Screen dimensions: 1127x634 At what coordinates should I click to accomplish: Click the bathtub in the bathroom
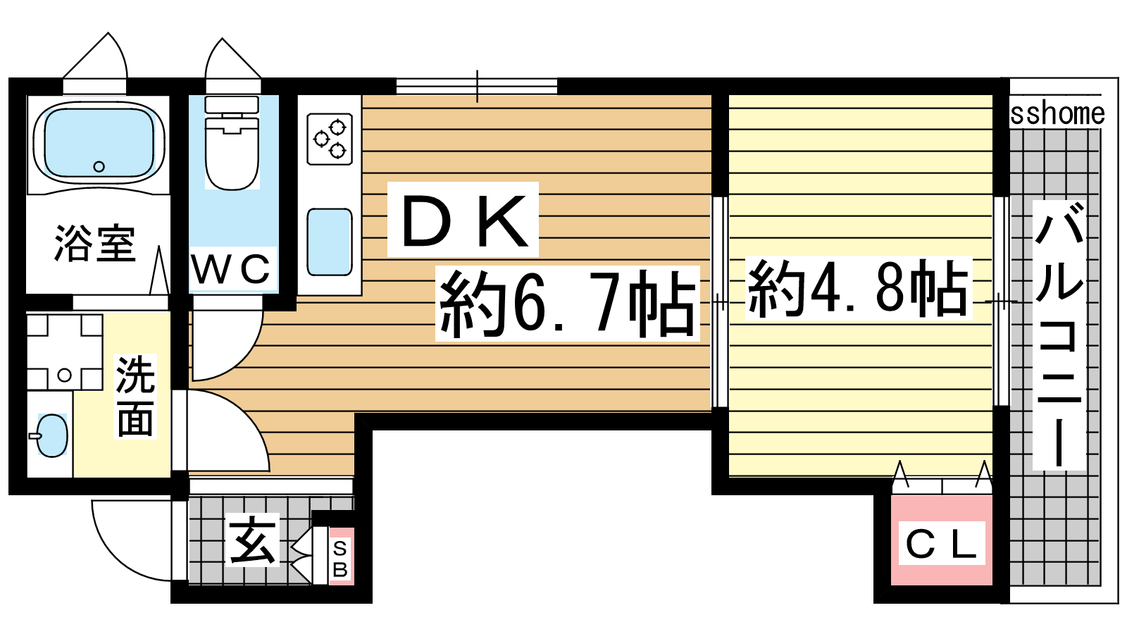coord(99,145)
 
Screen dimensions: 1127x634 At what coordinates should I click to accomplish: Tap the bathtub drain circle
coord(99,166)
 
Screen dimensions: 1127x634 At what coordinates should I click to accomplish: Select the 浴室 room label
coord(95,243)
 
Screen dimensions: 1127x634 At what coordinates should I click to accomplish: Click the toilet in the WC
coord(232,144)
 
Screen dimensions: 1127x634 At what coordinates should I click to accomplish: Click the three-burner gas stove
coord(330,139)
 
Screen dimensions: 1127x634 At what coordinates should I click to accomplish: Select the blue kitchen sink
coord(330,242)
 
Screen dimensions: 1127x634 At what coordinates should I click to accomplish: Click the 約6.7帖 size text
coord(568,304)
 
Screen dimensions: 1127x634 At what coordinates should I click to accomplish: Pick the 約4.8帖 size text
coord(858,288)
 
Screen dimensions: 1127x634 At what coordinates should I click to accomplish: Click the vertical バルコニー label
coord(1059,335)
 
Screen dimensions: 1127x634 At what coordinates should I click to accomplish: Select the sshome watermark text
coord(1057,114)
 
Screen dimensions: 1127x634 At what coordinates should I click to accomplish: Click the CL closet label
coord(941,545)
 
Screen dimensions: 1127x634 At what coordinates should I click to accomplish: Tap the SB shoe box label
coord(341,559)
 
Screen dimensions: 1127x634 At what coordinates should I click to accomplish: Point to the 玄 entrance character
coord(252,542)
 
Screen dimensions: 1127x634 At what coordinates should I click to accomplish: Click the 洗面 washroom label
coord(135,397)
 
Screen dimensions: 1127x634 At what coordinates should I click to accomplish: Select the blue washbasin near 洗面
coord(52,435)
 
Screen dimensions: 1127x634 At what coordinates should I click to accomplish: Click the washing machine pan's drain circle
coord(64,375)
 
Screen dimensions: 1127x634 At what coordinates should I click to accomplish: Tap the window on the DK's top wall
coord(477,86)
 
